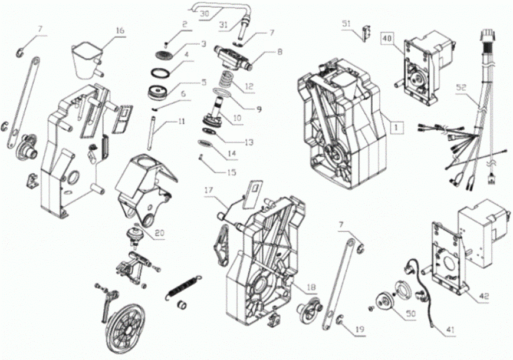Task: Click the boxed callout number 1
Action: click(396, 127)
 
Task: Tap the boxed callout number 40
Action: click(387, 38)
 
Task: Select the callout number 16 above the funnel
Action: click(120, 31)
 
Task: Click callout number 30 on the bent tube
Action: click(205, 14)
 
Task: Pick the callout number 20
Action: click(160, 233)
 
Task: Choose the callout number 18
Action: click(311, 287)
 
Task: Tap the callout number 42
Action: click(484, 296)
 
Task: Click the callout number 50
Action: click(410, 314)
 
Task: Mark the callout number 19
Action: click(360, 329)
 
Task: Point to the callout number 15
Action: click(232, 172)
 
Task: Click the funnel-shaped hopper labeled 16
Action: click(86, 60)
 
